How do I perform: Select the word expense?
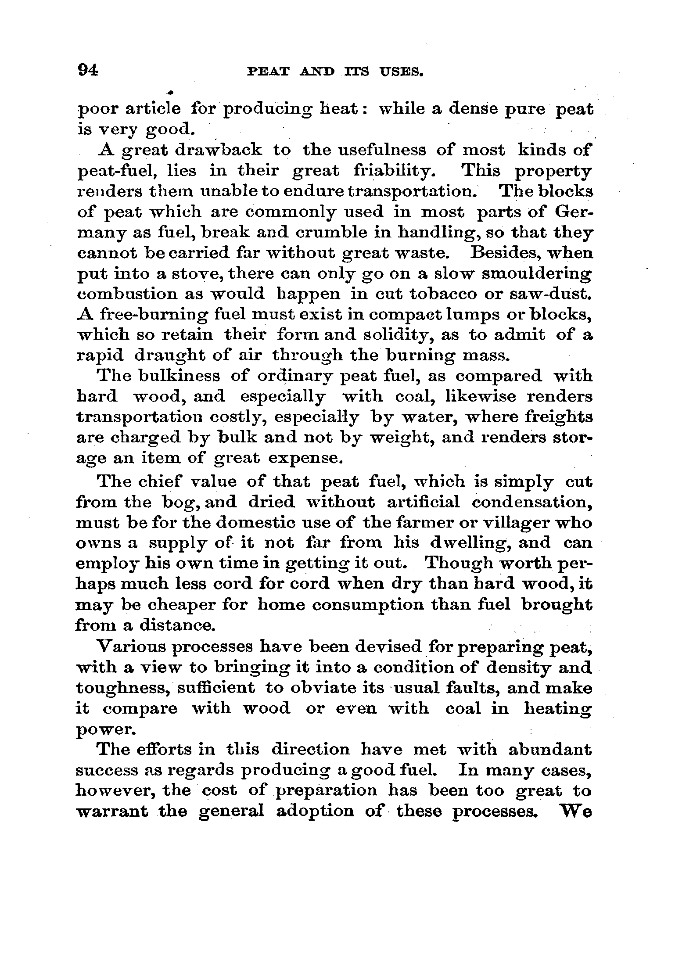click(x=305, y=458)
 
